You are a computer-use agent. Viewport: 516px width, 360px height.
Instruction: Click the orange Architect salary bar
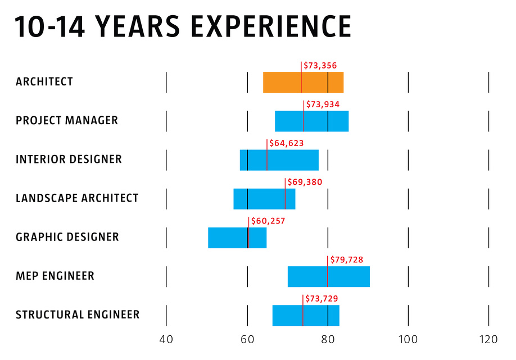(303, 83)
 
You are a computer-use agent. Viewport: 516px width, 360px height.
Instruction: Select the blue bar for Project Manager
(311, 121)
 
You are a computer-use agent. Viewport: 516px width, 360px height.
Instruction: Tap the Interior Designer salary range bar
(279, 160)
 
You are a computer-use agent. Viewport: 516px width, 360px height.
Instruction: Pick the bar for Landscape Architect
(264, 199)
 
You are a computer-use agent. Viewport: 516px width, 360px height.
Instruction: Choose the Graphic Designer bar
(237, 238)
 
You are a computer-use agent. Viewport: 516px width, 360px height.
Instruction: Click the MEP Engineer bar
(328, 276)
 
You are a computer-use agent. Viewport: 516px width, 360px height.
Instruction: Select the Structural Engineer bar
(306, 315)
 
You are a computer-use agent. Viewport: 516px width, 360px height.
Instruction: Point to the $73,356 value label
(320, 66)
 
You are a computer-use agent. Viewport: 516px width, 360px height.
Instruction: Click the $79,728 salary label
(346, 260)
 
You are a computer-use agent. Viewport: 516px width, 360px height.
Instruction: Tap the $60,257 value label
(268, 221)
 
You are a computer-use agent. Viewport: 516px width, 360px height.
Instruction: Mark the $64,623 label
(287, 144)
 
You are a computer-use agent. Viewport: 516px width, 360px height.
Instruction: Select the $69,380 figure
(305, 183)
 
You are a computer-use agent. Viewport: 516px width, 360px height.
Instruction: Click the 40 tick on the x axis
(166, 339)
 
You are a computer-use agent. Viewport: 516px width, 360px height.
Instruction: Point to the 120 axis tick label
(488, 339)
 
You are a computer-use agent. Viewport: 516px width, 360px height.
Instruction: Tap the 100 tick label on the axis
(408, 339)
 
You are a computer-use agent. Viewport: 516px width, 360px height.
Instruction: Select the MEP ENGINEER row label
(55, 276)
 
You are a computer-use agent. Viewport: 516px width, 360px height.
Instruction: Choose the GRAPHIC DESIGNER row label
(67, 237)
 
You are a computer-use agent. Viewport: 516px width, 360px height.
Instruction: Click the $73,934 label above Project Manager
(322, 104)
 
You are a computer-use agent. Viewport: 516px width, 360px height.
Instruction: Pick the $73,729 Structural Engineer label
(320, 299)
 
